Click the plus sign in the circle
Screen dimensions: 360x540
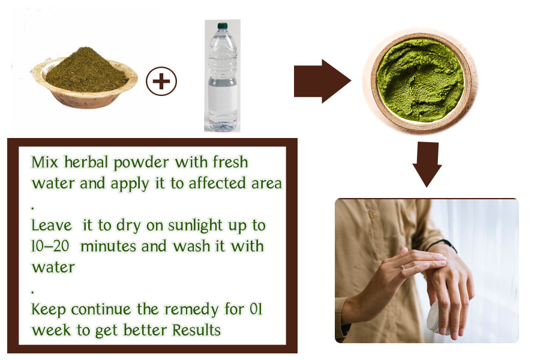pos(161,81)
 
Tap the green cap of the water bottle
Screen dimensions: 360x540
pos(222,26)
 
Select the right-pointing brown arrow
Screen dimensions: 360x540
pos(322,81)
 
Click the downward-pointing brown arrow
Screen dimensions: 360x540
pos(427,164)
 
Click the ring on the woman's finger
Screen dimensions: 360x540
pos(403,266)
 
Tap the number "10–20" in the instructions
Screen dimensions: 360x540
pos(54,246)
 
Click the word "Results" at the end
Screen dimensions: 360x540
pos(196,329)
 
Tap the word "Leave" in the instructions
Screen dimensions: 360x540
pos(49,226)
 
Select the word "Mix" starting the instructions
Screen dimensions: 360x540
pos(43,163)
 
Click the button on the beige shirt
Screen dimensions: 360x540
pos(372,214)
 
